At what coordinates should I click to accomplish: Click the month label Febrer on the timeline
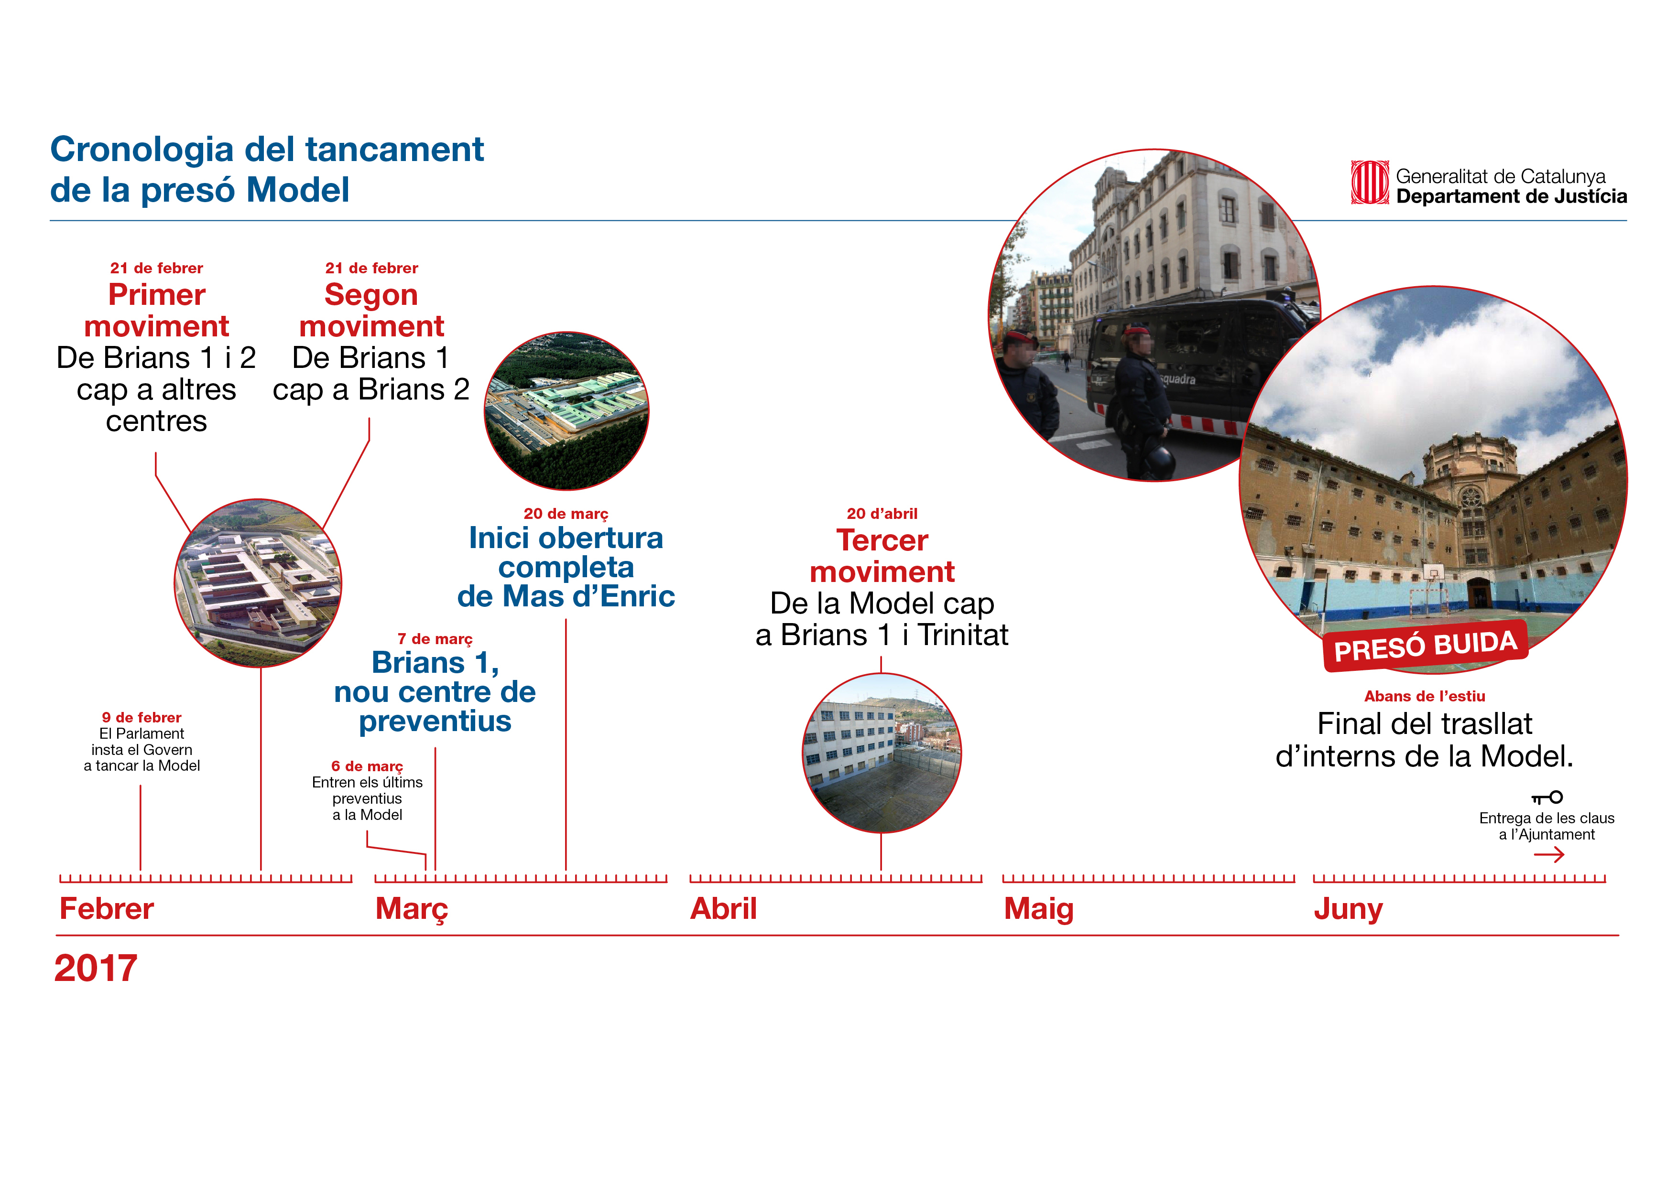107,909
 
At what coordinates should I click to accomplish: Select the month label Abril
724,909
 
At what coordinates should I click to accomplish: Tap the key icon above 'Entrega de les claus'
1547,797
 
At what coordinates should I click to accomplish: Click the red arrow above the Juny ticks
1548,854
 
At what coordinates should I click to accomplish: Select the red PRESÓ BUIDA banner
1425,646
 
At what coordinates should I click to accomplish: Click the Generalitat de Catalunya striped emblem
1370,183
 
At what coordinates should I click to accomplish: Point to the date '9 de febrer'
142,718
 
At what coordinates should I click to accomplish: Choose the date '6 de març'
367,766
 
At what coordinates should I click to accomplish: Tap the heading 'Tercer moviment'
882,556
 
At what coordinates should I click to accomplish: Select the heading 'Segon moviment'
371,310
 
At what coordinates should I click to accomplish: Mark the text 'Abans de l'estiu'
1424,697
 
